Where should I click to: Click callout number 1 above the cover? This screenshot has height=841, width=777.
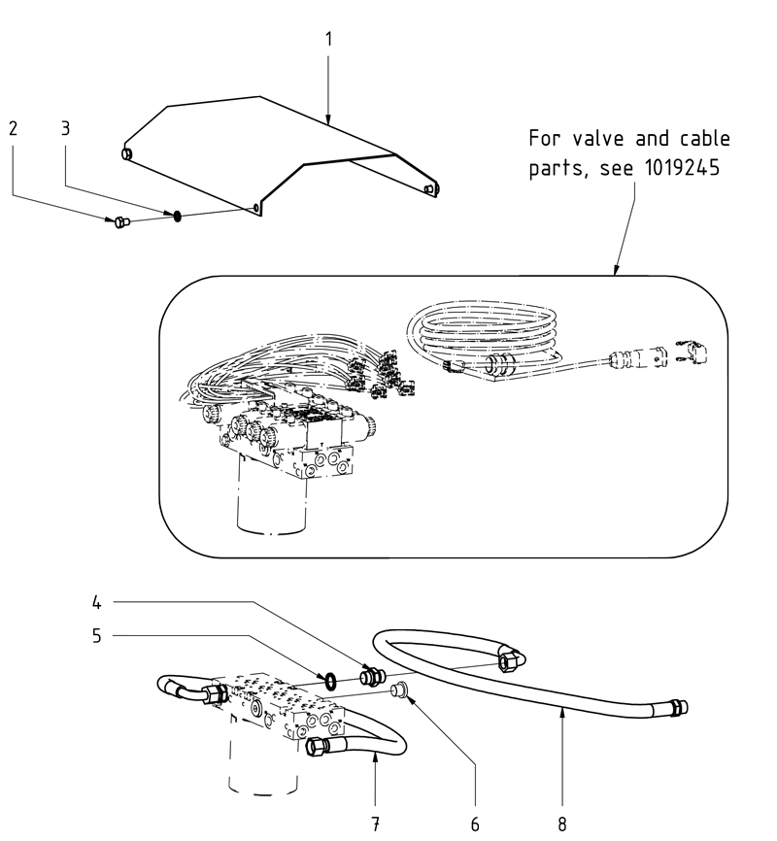[328, 40]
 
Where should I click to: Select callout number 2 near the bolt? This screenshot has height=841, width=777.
[14, 128]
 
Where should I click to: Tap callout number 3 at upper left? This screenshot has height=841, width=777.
[66, 128]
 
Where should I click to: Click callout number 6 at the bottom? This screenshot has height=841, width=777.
[475, 824]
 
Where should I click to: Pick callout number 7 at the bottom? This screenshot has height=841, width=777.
[375, 824]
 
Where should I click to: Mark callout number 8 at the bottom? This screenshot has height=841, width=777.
[561, 824]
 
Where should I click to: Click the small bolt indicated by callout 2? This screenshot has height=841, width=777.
[119, 222]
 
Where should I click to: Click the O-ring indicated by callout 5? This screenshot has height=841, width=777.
[329, 682]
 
